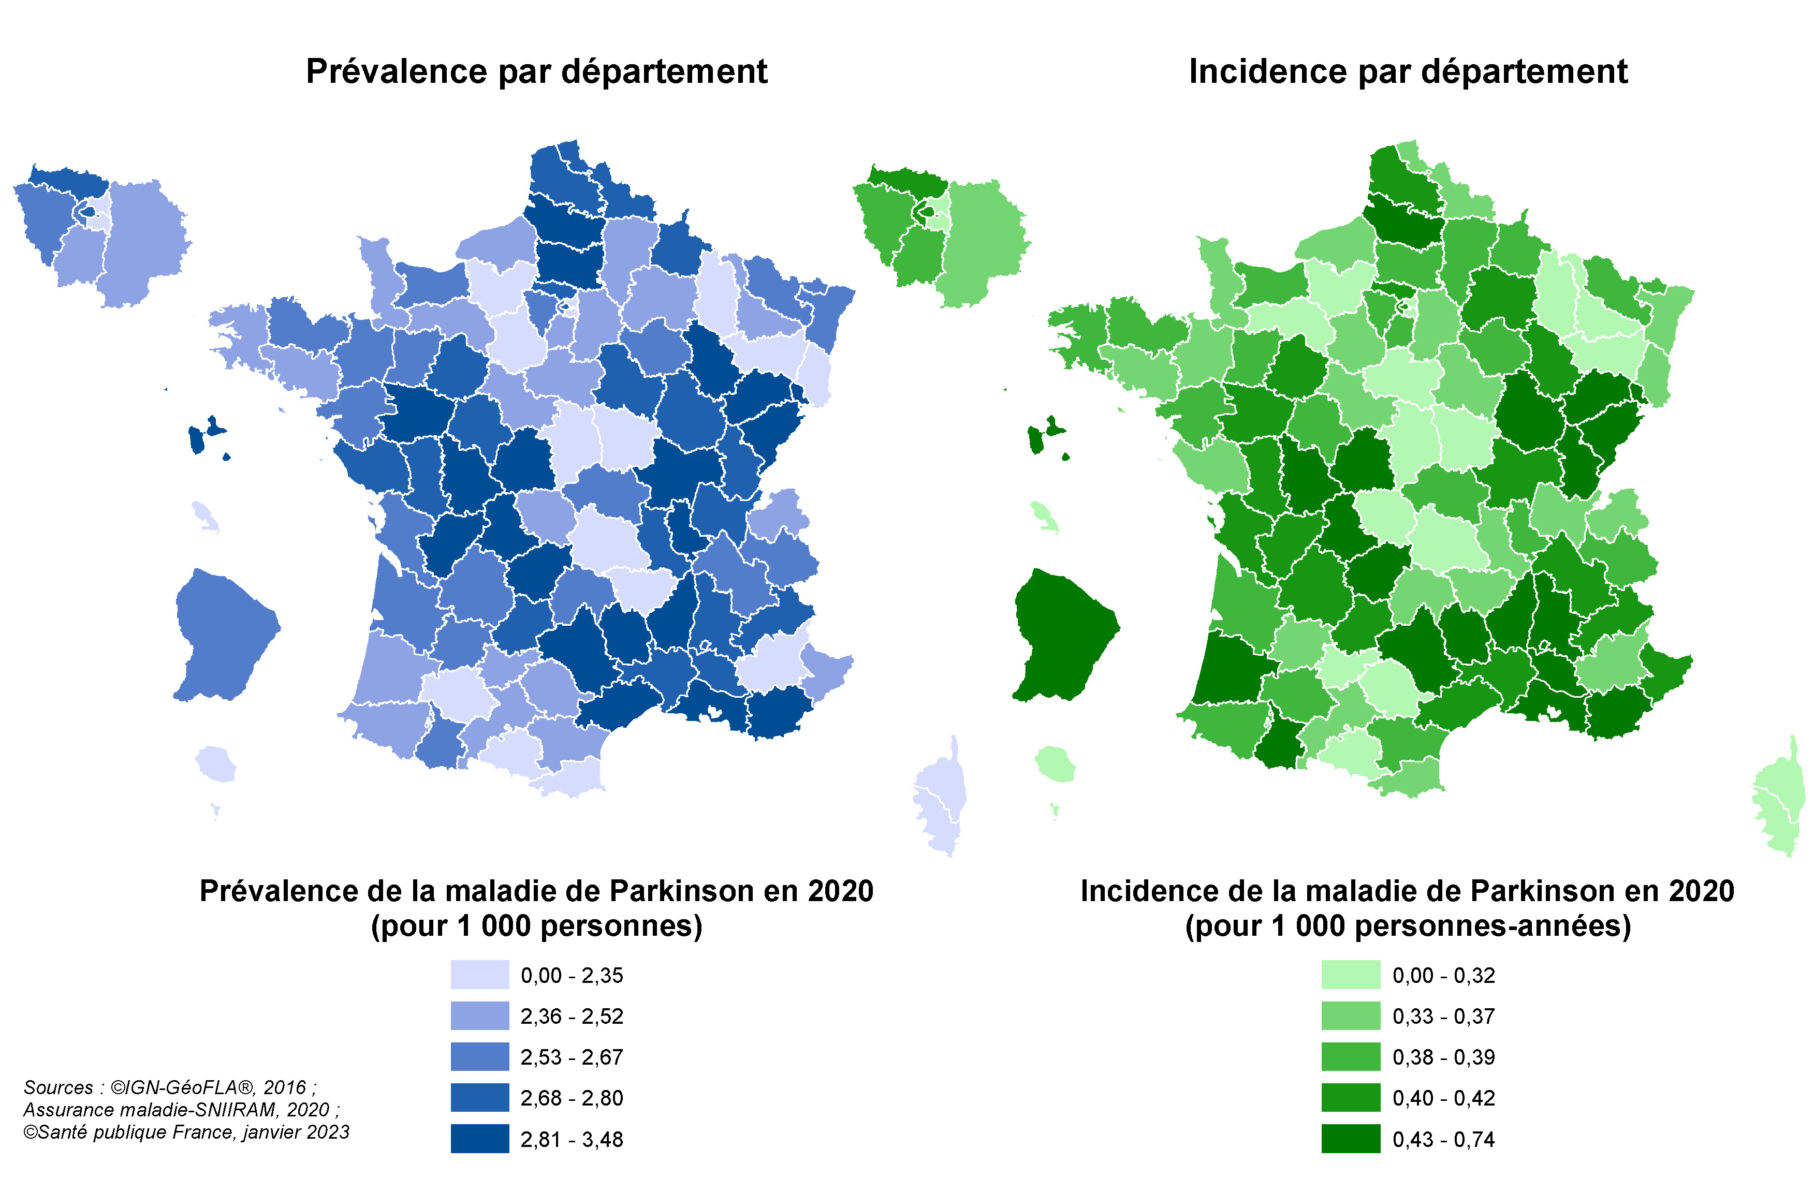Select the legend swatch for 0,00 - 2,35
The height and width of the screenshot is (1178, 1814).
click(479, 975)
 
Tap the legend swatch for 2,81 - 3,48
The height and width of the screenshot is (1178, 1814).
click(479, 1138)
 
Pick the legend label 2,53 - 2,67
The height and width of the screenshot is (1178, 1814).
click(572, 1057)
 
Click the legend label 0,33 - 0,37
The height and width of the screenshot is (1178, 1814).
click(1443, 1015)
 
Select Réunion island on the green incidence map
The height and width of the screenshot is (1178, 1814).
click(1055, 763)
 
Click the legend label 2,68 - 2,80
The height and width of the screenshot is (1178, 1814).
click(572, 1098)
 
